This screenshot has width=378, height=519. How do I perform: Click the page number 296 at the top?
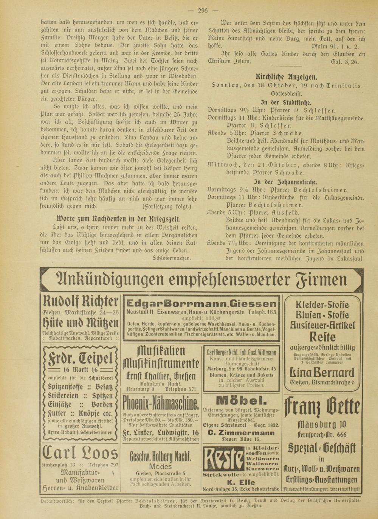(x=203, y=11)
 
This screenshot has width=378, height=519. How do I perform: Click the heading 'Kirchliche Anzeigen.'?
(x=286, y=77)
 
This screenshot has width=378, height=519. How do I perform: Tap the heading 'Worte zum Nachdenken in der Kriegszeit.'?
(x=118, y=219)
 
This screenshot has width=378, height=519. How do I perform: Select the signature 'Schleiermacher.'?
(x=172, y=258)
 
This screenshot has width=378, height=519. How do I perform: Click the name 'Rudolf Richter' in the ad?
(x=81, y=302)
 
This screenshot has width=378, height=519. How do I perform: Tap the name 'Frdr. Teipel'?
(x=81, y=358)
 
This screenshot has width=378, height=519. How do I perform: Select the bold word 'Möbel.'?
(x=241, y=400)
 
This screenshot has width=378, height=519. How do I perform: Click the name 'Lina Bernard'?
(x=322, y=372)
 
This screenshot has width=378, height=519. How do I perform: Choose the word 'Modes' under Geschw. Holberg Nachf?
(x=160, y=466)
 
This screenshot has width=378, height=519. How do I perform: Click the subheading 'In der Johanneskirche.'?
(x=286, y=182)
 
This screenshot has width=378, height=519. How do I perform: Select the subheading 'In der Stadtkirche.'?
(x=286, y=103)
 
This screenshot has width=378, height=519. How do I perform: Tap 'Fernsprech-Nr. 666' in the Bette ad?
(x=322, y=434)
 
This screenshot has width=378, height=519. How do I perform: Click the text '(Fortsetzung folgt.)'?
(x=167, y=207)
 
